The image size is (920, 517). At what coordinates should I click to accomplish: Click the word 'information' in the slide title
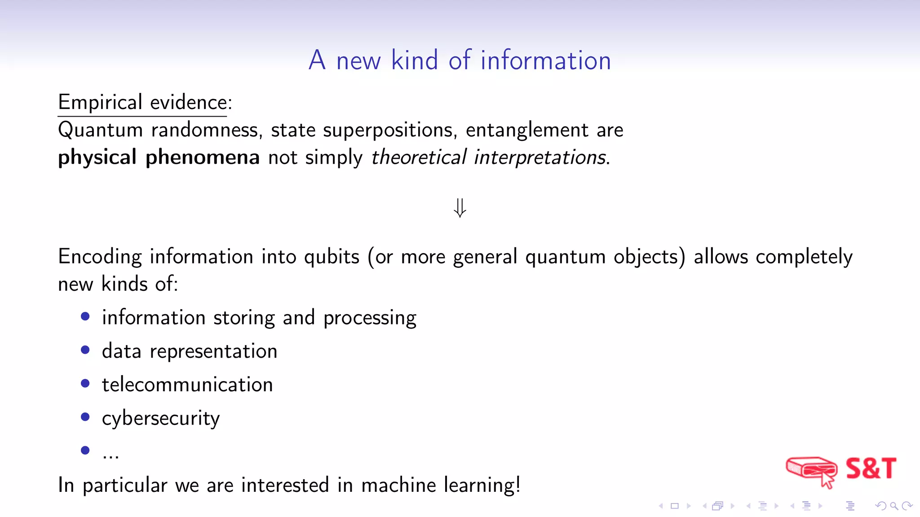click(545, 61)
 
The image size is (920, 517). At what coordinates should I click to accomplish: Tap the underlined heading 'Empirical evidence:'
click(145, 102)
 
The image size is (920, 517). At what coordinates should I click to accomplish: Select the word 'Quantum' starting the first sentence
click(101, 130)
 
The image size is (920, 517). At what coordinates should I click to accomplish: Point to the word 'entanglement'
click(526, 130)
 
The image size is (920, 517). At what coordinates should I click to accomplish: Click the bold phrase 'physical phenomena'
click(159, 158)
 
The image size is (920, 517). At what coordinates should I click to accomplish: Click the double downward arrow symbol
click(460, 208)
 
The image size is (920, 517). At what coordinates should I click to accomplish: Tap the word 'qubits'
click(332, 257)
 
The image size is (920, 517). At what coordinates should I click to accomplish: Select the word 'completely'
click(804, 257)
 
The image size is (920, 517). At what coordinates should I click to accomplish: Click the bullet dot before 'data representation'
click(85, 350)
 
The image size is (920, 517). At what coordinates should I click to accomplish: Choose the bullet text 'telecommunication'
click(187, 385)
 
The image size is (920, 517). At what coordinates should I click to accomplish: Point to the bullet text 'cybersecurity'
click(161, 418)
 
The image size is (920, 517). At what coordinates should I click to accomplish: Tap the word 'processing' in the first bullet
click(370, 318)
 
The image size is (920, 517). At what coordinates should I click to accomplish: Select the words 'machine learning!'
click(441, 485)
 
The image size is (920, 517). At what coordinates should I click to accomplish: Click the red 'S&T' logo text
click(871, 469)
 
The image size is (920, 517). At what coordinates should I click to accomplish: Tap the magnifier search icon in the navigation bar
click(894, 506)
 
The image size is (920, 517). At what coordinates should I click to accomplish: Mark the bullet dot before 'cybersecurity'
click(85, 417)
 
